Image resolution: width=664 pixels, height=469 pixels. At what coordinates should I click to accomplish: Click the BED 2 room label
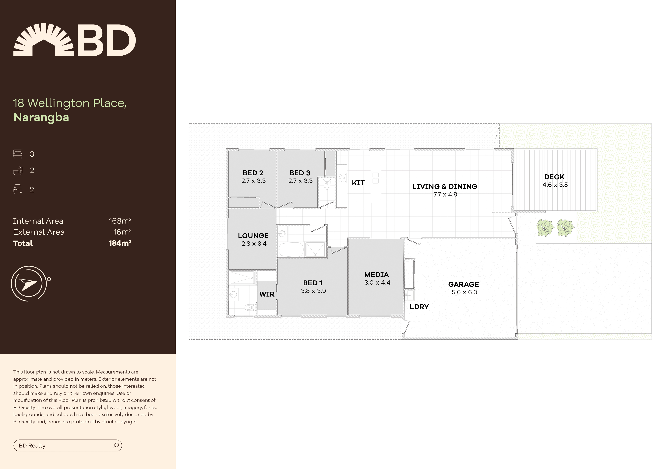coord(253,173)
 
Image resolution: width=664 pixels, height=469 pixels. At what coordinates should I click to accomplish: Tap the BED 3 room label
coord(300,173)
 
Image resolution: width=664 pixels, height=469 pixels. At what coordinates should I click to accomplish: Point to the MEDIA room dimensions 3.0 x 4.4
coord(377,283)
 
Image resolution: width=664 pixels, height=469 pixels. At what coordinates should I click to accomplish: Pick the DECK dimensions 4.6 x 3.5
coord(555,185)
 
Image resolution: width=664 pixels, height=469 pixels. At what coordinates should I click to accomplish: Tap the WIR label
coord(267,294)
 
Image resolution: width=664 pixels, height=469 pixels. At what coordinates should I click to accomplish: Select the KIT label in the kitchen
coord(358,183)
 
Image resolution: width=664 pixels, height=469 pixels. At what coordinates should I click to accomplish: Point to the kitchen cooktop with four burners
coord(342,178)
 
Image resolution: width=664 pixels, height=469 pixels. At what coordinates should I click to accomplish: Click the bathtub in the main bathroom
coord(291,250)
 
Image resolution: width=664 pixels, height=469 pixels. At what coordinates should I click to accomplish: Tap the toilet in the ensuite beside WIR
coord(250,307)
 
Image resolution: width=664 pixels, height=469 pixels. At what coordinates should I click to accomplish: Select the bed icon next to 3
coord(18,154)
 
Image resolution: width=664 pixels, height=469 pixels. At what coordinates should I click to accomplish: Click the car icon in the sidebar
coord(18,189)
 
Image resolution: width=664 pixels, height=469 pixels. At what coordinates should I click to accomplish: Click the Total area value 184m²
coord(120,243)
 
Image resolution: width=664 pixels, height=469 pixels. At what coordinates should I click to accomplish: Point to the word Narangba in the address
coord(41,117)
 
